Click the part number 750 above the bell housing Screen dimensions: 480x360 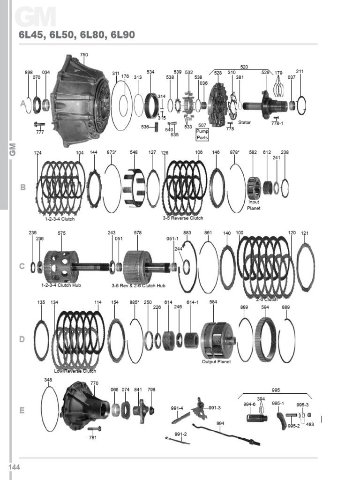(x=83, y=55)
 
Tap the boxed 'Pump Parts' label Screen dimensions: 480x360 (x=202, y=135)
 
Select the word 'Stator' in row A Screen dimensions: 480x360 (x=244, y=123)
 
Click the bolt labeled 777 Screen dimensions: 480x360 (x=39, y=125)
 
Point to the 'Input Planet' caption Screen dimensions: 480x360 (x=254, y=205)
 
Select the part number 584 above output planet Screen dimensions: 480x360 (x=213, y=302)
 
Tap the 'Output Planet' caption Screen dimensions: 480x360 (x=216, y=362)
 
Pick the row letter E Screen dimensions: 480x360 (x=22, y=411)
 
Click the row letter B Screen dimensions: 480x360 (x=22, y=187)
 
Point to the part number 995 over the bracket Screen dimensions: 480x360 (x=276, y=390)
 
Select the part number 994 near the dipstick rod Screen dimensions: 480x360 (x=220, y=423)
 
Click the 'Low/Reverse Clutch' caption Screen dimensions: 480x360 (x=75, y=371)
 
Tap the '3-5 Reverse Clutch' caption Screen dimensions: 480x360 (x=183, y=218)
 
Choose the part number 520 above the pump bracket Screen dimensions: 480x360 (x=244, y=67)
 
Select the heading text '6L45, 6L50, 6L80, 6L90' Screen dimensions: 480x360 (x=76, y=36)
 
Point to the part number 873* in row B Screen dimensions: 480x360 (x=112, y=152)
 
